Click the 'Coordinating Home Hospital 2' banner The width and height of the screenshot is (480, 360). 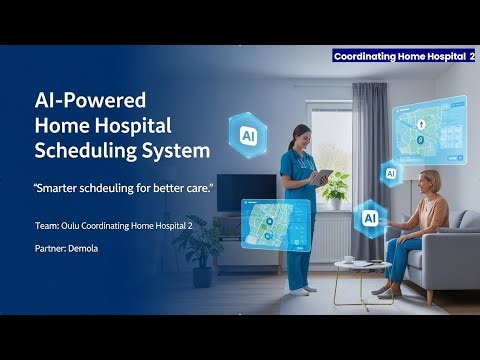[x=404, y=57]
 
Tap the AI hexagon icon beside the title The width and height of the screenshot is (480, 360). [x=246, y=131]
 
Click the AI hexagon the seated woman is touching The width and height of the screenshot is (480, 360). [x=369, y=217]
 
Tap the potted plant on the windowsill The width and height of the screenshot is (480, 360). [x=336, y=186]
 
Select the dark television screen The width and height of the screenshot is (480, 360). [x=246, y=192]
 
